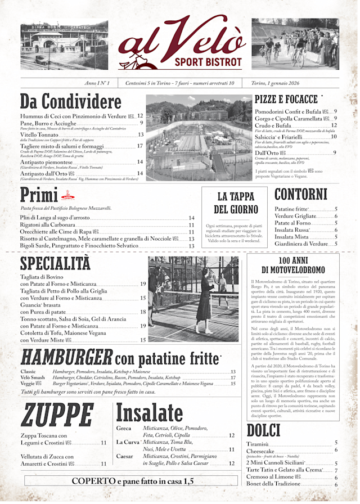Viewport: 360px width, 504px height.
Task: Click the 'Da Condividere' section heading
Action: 71,102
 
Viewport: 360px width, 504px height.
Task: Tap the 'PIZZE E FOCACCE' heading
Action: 286,100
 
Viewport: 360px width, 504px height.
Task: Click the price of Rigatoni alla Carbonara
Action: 191,225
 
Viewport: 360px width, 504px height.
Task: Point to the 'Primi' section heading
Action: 39,195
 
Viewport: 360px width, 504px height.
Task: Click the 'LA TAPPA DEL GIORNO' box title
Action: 230,202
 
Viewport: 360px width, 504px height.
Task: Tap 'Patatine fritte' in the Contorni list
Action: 292,209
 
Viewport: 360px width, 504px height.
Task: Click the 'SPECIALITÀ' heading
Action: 55,263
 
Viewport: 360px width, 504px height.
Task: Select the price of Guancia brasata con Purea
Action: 143,312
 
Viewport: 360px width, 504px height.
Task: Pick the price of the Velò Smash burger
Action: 233,377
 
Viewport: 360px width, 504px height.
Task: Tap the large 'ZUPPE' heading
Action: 57,416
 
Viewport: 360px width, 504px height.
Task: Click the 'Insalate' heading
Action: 149,413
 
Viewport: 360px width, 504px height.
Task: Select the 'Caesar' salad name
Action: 124,457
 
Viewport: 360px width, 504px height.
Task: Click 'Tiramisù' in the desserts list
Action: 258,444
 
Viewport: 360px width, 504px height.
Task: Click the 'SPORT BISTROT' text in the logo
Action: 208,62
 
